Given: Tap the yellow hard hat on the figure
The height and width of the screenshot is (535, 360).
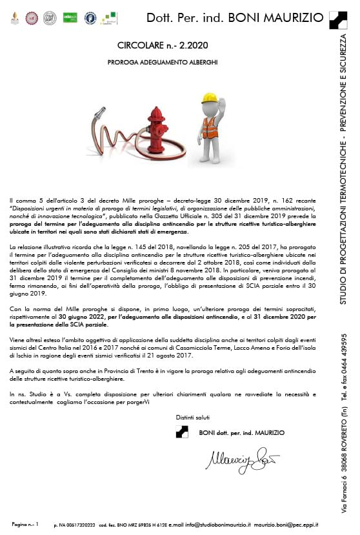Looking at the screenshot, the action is point(209,98).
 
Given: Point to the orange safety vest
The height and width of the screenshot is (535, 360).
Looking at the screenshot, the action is point(210,126).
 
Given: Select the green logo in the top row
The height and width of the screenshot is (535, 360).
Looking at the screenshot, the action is point(70,17).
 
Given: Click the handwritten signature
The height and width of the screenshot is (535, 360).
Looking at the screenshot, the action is point(241,459).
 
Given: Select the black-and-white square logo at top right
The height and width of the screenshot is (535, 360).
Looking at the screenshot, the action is point(337,20).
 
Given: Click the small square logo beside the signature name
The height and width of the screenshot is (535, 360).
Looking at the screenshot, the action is point(182,432).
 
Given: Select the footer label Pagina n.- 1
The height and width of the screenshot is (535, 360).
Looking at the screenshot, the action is point(26,525).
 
